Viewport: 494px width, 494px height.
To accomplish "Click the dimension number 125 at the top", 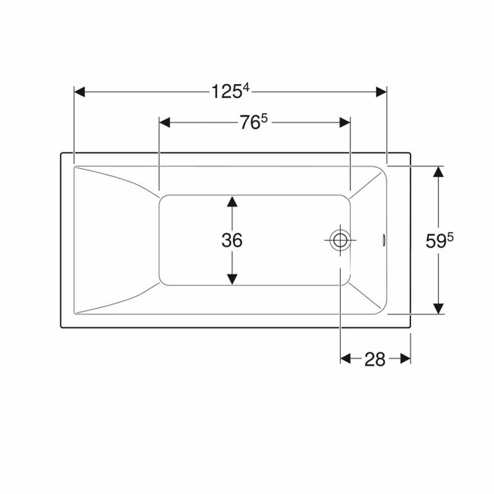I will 225,92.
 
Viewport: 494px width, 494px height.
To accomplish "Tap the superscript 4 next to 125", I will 245,88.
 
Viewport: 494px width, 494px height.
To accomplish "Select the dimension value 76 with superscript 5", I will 249,123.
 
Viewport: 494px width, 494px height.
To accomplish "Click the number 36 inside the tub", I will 232,240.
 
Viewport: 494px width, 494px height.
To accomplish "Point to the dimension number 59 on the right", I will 435,241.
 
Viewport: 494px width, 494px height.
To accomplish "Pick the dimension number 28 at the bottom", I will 375,359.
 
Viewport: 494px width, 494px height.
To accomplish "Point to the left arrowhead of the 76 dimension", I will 164,122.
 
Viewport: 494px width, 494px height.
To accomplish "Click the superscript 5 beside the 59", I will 450,237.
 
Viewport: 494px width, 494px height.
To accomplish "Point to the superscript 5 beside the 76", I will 264,119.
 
